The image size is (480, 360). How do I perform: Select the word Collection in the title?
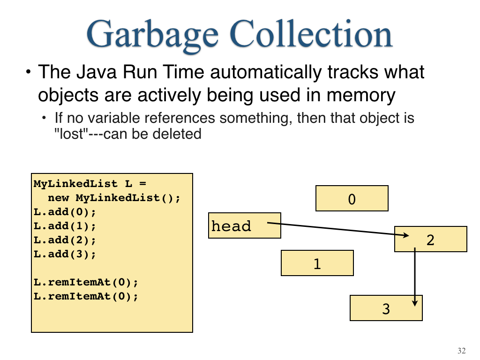pyautogui.click(x=311, y=33)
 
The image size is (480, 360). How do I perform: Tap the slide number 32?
pyautogui.click(x=461, y=351)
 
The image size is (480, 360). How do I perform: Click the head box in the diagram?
pyautogui.click(x=244, y=225)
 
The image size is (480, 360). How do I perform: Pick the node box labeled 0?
pyautogui.click(x=352, y=198)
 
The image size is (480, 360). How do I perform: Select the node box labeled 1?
pyautogui.click(x=317, y=263)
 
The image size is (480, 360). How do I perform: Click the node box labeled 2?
pyautogui.click(x=430, y=239)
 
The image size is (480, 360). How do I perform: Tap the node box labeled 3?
pyautogui.click(x=386, y=308)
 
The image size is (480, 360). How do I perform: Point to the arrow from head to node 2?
pyautogui.click(x=338, y=229)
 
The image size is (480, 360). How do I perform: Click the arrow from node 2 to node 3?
pyautogui.click(x=415, y=277)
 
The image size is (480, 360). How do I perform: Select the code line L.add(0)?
pyautogui.click(x=65, y=212)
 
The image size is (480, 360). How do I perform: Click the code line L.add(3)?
pyautogui.click(x=65, y=254)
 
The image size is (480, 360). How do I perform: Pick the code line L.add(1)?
pyautogui.click(x=65, y=226)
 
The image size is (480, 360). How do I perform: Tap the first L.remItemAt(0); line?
pyautogui.click(x=86, y=282)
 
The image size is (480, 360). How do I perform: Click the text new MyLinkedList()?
pyautogui.click(x=114, y=198)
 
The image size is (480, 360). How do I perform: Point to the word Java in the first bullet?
pyautogui.click(x=97, y=72)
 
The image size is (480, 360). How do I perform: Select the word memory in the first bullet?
pyautogui.click(x=361, y=96)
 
